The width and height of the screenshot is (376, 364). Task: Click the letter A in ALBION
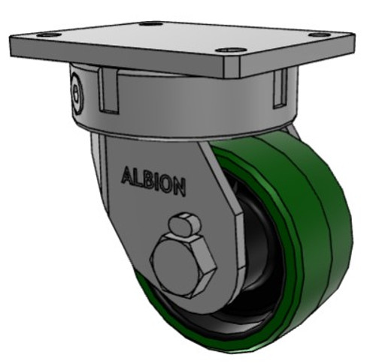click(127, 176)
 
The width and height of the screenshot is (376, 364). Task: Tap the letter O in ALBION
click(168, 184)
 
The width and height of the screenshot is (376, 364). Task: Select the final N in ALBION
click(179, 188)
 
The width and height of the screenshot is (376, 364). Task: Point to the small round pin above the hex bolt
click(183, 224)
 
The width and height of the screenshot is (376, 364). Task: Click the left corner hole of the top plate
click(47, 35)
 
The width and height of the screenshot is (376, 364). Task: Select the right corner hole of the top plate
click(320, 35)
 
